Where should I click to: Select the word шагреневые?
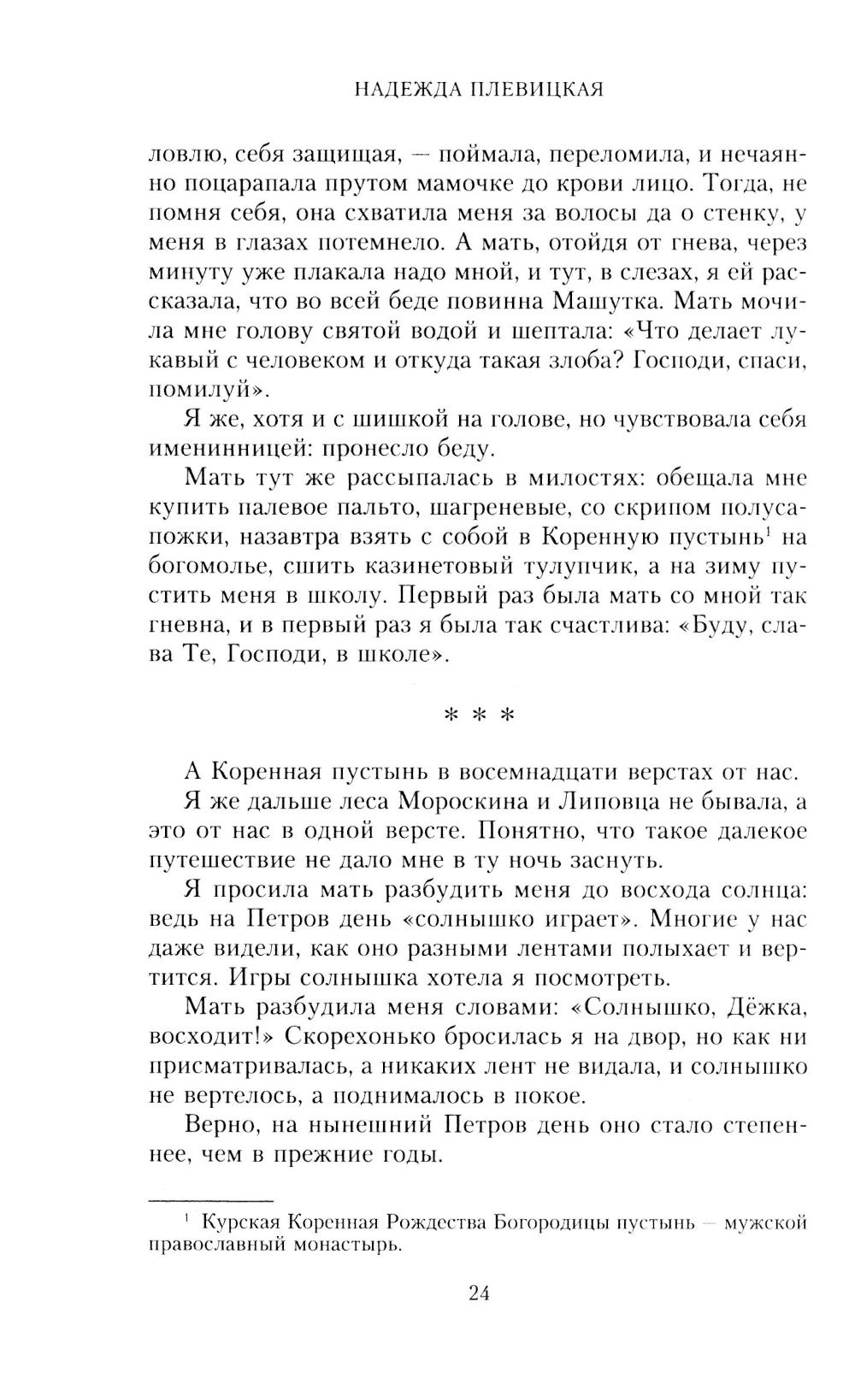[x=498, y=508]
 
